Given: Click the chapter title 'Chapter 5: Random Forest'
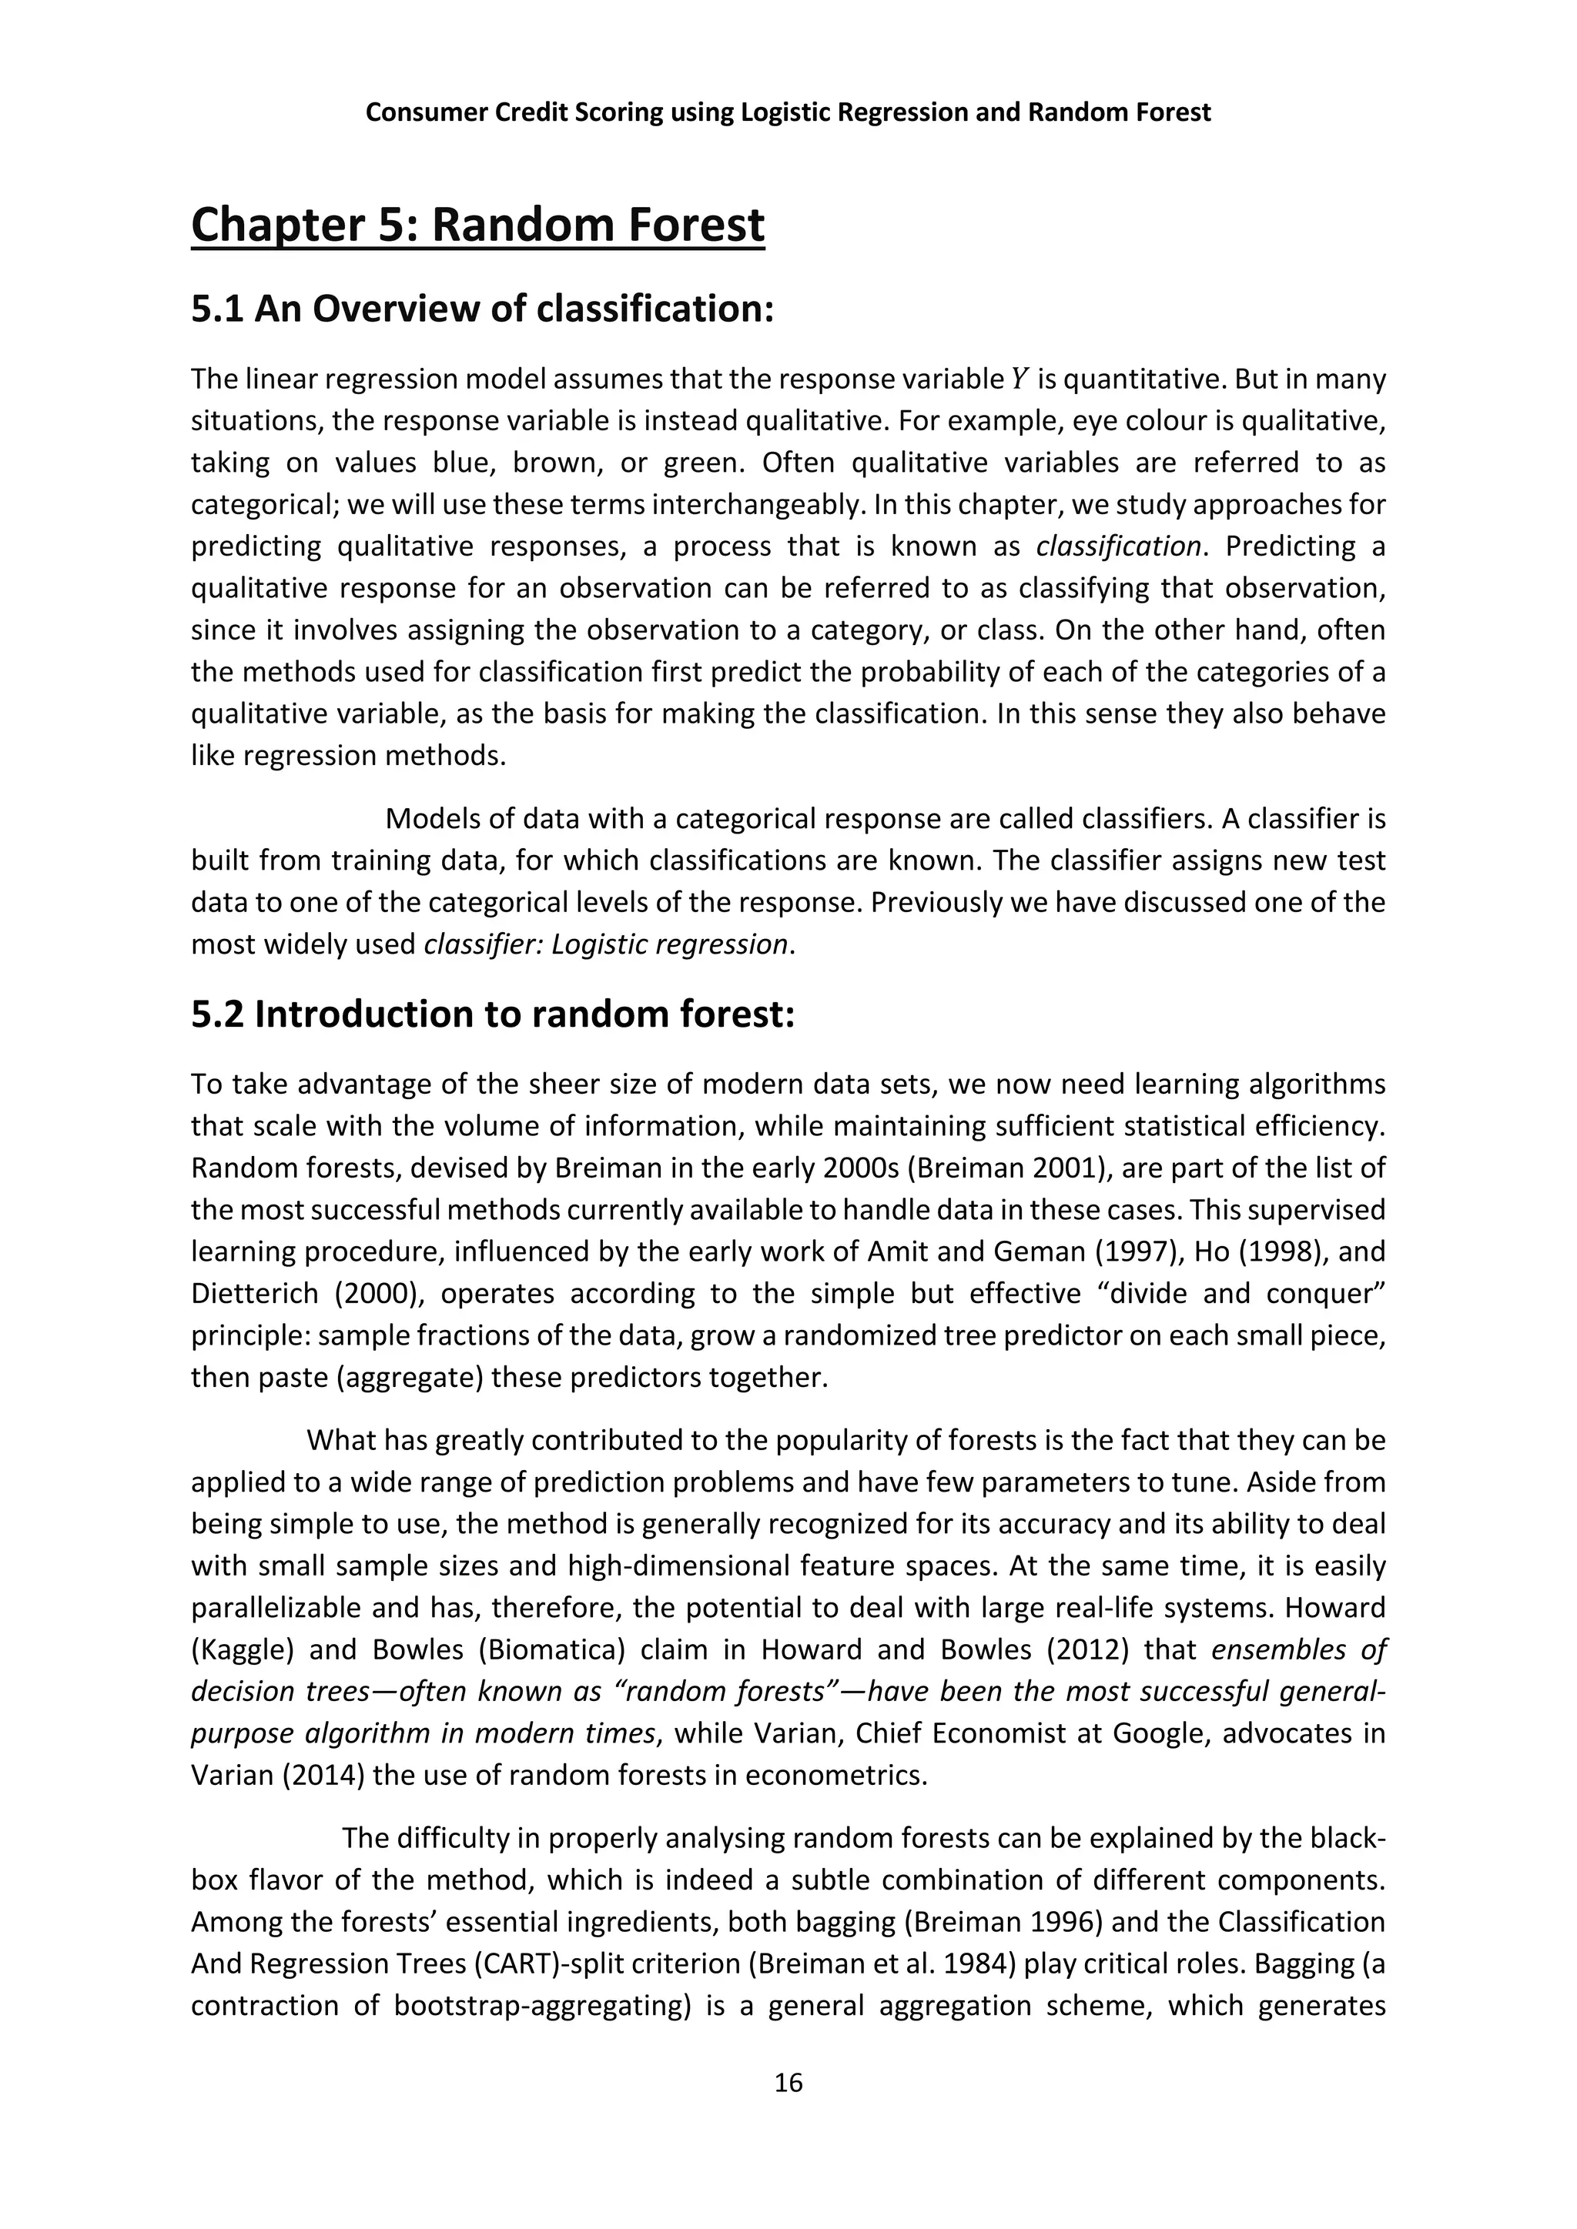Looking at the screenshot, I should [x=477, y=226].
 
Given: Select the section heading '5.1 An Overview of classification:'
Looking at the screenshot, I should [x=483, y=309].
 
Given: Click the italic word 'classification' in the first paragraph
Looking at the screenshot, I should [x=1119, y=546].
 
